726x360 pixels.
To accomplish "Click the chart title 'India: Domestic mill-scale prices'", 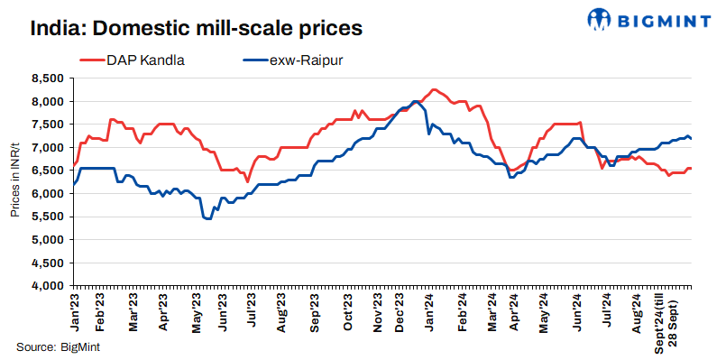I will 196,28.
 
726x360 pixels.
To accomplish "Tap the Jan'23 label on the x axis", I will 76,308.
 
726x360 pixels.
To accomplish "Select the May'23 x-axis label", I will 197,308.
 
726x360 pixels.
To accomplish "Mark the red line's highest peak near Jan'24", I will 435,89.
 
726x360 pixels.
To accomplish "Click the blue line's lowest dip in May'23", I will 208,219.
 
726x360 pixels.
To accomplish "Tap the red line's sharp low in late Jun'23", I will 247,181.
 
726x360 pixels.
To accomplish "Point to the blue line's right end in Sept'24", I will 692,138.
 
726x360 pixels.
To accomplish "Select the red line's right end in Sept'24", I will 692,168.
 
